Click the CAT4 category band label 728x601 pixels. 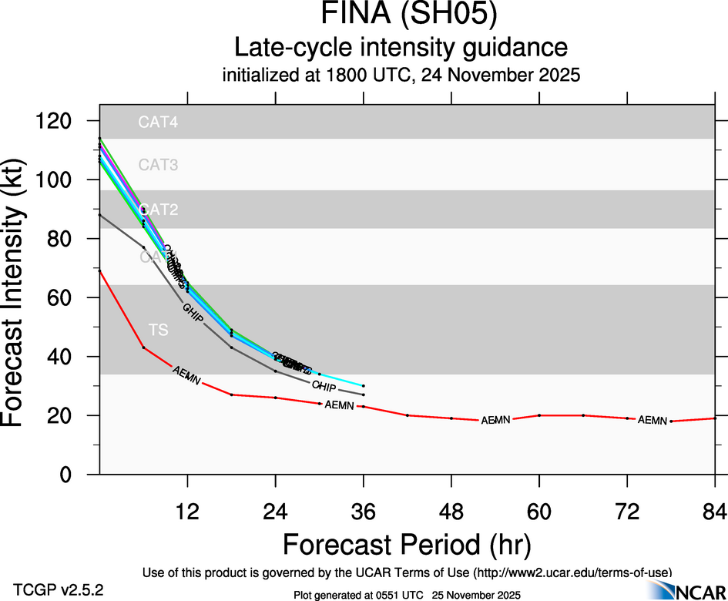coord(158,122)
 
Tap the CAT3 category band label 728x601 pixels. coord(158,164)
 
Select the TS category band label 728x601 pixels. coord(158,331)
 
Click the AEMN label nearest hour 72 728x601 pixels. coord(653,420)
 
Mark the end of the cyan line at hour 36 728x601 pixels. coord(363,385)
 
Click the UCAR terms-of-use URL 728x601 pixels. coord(573,572)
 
